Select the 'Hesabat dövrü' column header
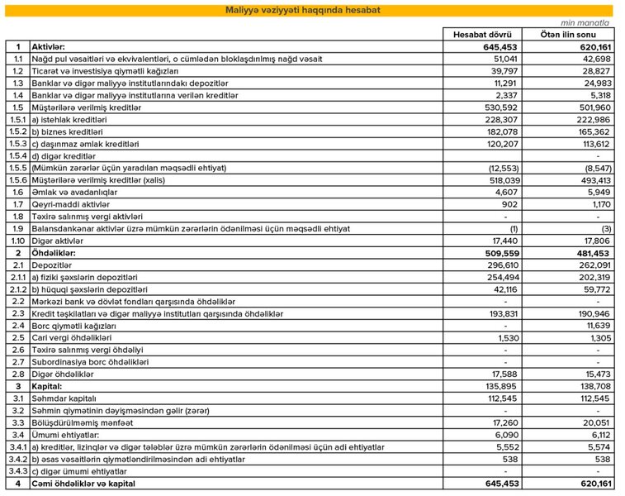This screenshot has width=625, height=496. point(482,35)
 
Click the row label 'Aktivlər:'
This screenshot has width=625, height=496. point(49,47)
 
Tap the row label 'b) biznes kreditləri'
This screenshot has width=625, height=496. point(67,131)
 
